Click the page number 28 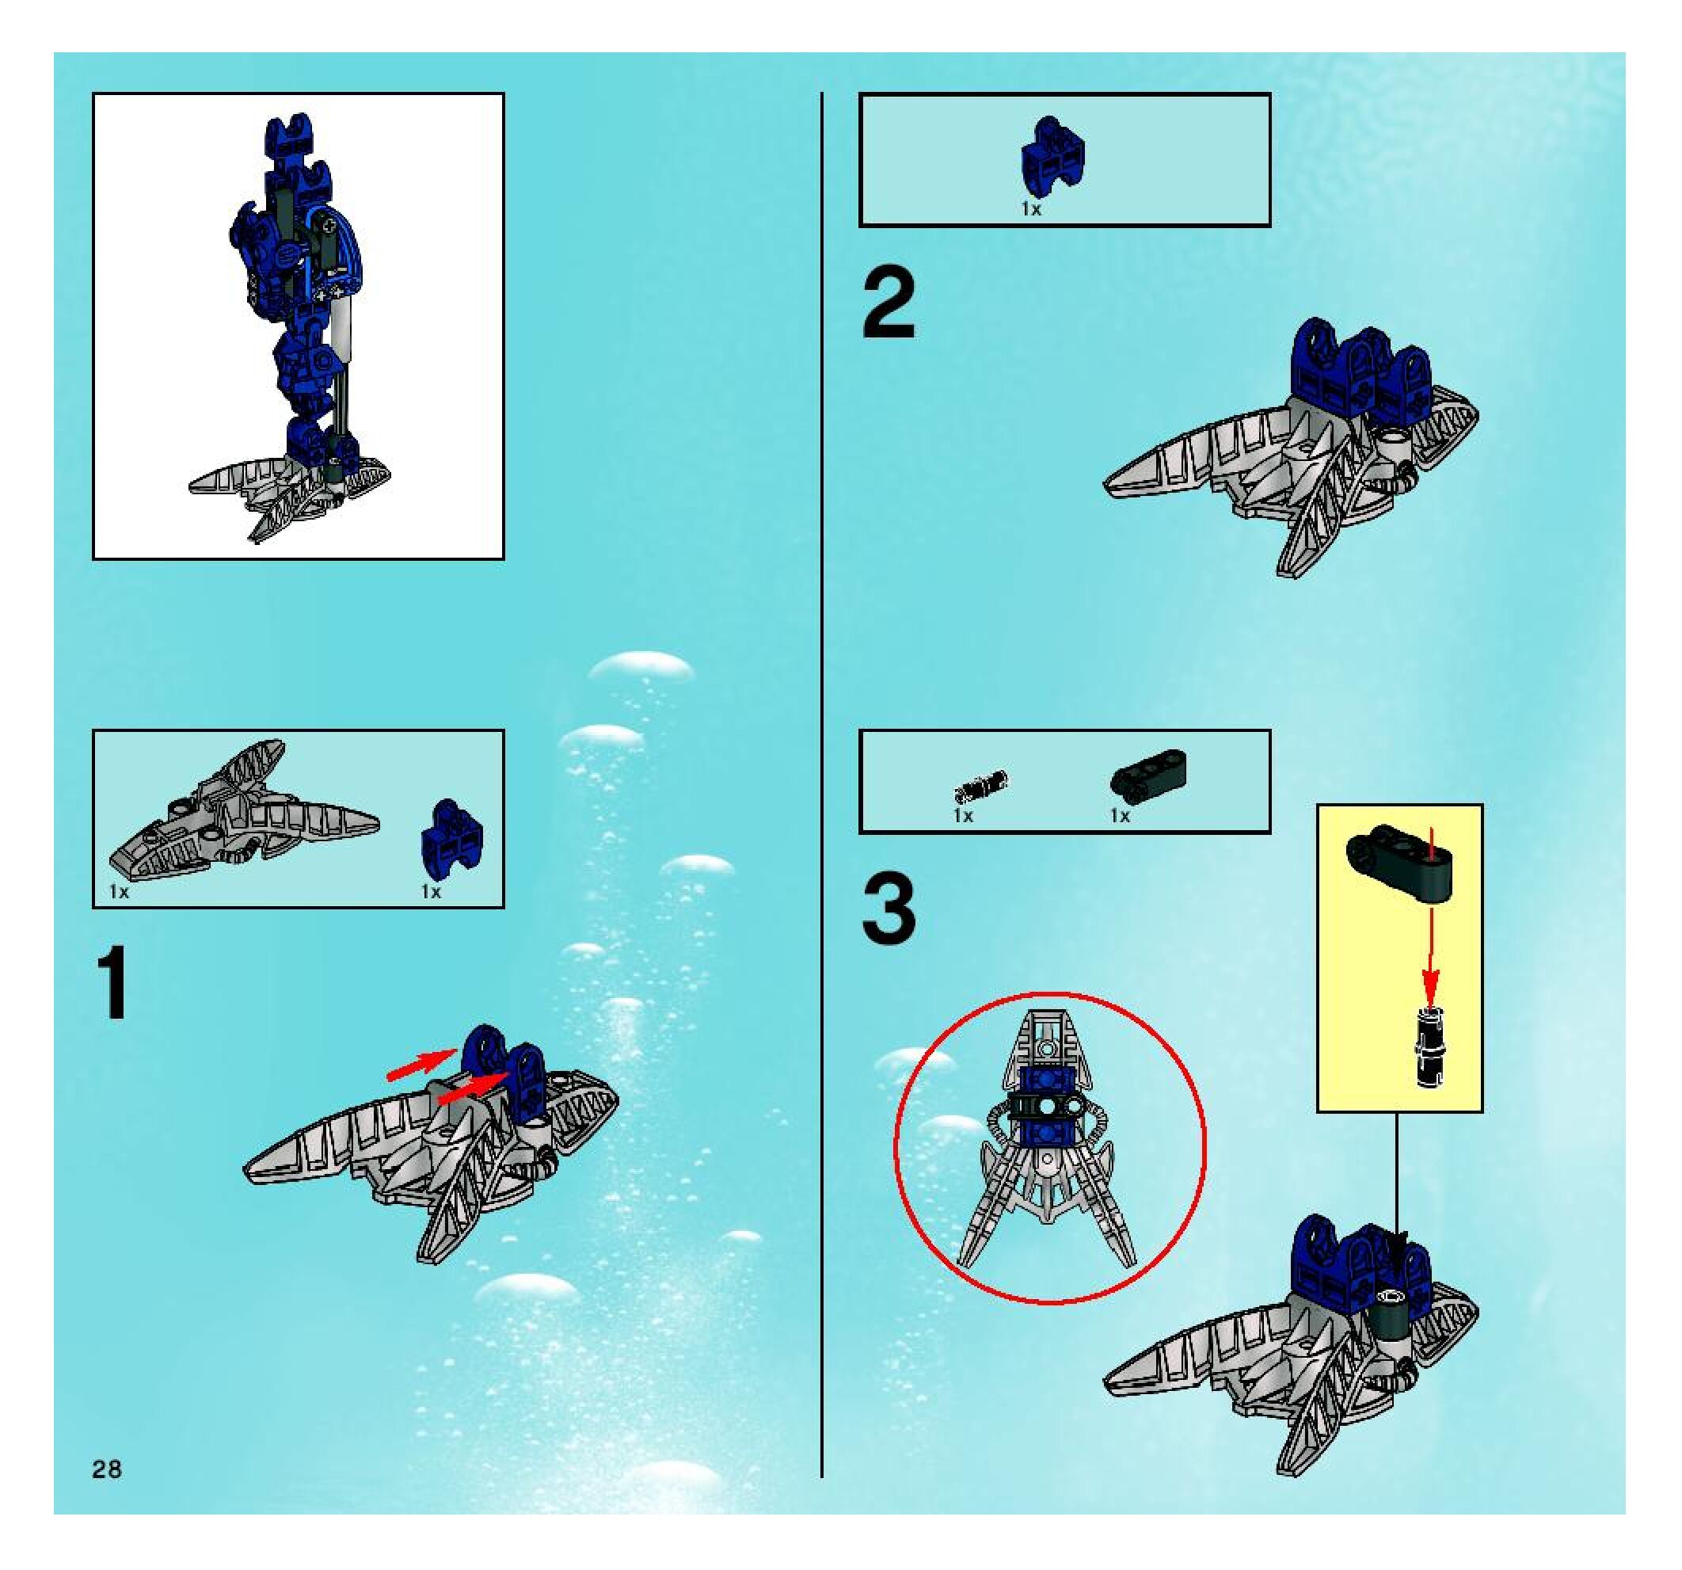(x=108, y=1469)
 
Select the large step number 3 (x=889, y=909)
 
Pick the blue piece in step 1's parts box (x=453, y=838)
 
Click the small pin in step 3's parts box (x=981, y=787)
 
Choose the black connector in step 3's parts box (x=1149, y=774)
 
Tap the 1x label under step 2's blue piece (x=1030, y=209)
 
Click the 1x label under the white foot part (x=120, y=892)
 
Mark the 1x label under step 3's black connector (x=1121, y=816)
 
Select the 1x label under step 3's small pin (x=964, y=816)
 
